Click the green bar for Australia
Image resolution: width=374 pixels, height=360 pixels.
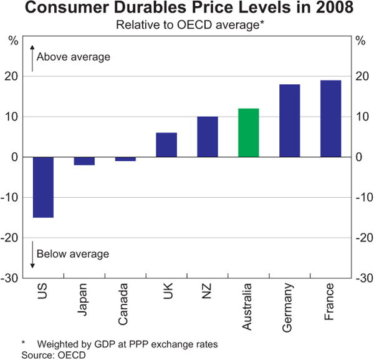tap(248, 133)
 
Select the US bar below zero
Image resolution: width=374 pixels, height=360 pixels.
tap(43, 187)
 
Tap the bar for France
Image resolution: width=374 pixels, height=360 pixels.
tap(330, 119)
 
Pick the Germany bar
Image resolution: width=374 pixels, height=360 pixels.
tap(289, 120)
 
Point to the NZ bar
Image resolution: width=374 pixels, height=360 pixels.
tap(207, 137)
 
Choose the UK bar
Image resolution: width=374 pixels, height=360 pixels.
tap(166, 145)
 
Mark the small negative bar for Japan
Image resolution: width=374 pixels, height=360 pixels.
tap(84, 161)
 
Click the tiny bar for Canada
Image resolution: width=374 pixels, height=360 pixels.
tap(125, 159)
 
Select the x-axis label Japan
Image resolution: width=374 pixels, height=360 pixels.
tap(84, 300)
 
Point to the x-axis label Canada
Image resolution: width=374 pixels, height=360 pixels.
tap(125, 303)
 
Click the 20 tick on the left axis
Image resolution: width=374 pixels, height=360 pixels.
tap(13, 77)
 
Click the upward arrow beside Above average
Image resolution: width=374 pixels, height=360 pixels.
tap(31, 56)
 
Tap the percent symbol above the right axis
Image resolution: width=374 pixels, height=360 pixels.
tap(360, 41)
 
